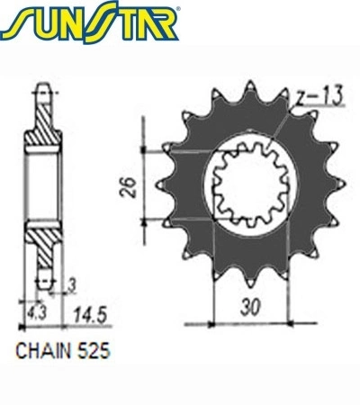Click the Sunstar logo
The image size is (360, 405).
[x=90, y=22]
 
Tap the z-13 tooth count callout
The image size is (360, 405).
[x=319, y=96]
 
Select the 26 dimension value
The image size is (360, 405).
[x=128, y=187]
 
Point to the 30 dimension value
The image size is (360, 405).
[x=250, y=308]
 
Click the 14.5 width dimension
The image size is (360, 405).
[x=90, y=315]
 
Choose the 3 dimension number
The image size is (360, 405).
[x=71, y=286]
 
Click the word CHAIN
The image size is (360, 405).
[x=43, y=350]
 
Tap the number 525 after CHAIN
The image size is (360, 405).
[x=94, y=350]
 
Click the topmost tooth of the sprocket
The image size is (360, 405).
[x=250, y=87]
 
